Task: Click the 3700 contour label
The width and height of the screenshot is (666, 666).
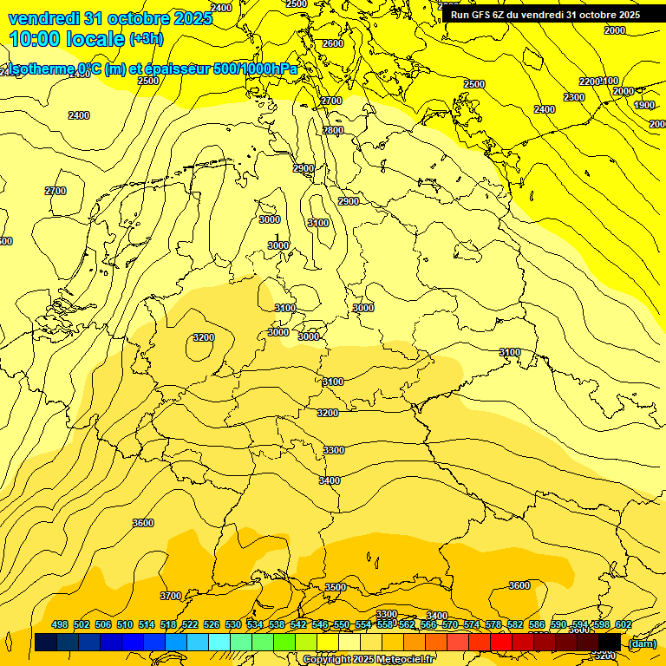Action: tap(171, 596)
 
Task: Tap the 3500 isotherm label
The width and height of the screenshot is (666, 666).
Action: tap(335, 587)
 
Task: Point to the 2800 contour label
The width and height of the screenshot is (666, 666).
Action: tap(333, 130)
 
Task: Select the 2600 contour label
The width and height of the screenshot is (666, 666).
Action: tap(332, 43)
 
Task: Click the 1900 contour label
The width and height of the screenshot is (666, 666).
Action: tap(644, 105)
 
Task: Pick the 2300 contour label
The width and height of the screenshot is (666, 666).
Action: tap(574, 97)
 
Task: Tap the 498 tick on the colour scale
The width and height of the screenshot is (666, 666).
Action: tap(60, 624)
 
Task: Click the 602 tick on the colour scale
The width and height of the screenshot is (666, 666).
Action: tap(623, 624)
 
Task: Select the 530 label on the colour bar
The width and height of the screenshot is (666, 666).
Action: tap(233, 624)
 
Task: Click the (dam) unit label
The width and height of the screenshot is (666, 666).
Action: tap(642, 643)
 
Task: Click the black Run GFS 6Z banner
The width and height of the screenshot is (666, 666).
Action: tap(545, 15)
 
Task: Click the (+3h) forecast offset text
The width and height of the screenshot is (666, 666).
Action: tap(146, 39)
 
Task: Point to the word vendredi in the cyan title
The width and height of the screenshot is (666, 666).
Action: tap(42, 18)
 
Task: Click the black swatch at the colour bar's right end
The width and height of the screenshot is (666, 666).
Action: tap(610, 642)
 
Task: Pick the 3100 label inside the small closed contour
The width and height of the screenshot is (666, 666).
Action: tap(318, 223)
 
